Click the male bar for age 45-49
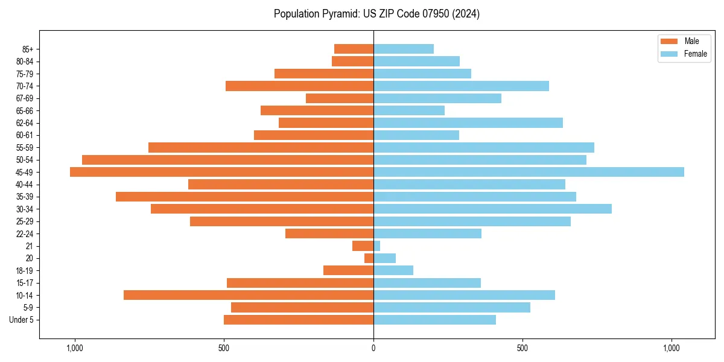(x=221, y=172)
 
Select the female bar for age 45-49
(x=529, y=172)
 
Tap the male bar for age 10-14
(x=249, y=295)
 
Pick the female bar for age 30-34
(x=492, y=209)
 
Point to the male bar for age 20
(x=369, y=258)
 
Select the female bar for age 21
(x=377, y=246)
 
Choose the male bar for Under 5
(x=299, y=320)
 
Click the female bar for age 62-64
(x=468, y=122)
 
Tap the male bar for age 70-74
(x=299, y=86)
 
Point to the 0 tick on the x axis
(x=373, y=348)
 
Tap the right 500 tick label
(x=522, y=348)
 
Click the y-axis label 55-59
(x=24, y=147)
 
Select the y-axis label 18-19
(x=24, y=270)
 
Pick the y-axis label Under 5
(x=21, y=320)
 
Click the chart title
(x=376, y=13)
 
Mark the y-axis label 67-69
(x=24, y=98)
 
